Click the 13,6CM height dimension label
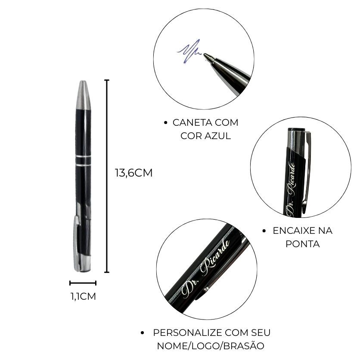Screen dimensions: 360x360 click(133, 173)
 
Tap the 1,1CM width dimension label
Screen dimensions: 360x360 click(83, 296)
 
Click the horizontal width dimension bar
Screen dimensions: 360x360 click(83, 283)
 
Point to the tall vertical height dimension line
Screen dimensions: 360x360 click(107, 176)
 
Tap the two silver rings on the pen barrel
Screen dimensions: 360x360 click(83, 161)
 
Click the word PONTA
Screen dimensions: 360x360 click(303, 244)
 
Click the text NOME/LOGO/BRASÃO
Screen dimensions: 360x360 click(211, 346)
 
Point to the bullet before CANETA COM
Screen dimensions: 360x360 click(166, 123)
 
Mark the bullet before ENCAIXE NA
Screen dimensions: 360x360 click(264, 231)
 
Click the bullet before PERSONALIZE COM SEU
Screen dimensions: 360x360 click(143, 333)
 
